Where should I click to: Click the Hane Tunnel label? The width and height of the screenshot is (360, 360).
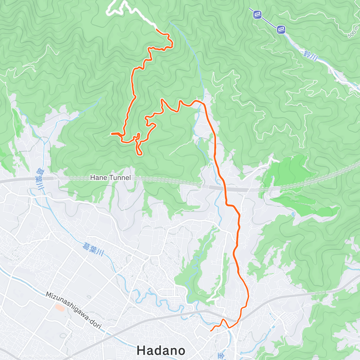click(x=110, y=178)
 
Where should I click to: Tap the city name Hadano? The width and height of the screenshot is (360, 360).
click(x=161, y=350)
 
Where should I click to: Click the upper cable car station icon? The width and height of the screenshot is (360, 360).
click(x=257, y=14)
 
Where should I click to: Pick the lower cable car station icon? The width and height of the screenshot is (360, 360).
click(x=281, y=29)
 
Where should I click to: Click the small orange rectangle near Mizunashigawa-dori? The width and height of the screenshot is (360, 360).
click(x=60, y=307)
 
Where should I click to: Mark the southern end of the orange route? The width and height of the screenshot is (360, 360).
click(x=211, y=331)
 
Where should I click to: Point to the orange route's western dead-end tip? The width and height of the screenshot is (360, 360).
click(x=111, y=133)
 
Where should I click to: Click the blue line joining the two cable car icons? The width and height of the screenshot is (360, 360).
click(x=269, y=22)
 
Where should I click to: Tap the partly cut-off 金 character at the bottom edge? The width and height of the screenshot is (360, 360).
click(x=221, y=356)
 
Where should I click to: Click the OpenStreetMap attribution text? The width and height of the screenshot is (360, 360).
click(x=58, y=356)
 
